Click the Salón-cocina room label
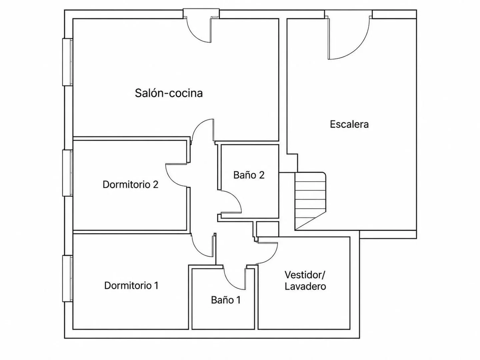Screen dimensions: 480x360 pyautogui.click(x=169, y=93)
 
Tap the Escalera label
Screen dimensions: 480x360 pyautogui.click(x=349, y=124)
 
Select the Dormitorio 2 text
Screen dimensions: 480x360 pyautogui.click(x=130, y=184)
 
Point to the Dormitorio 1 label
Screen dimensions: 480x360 pyautogui.click(x=131, y=285)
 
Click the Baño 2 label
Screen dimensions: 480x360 pyautogui.click(x=249, y=175)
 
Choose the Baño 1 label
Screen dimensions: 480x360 pyautogui.click(x=226, y=300)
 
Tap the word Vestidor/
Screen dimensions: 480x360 pyautogui.click(x=305, y=275)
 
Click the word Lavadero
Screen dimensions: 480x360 pyautogui.click(x=305, y=287)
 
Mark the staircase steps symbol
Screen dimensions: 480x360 pyautogui.click(x=310, y=201)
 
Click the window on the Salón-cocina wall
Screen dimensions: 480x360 pyautogui.click(x=68, y=62)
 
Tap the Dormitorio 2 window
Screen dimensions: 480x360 pyautogui.click(x=68, y=173)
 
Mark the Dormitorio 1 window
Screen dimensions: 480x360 pyautogui.click(x=68, y=279)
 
